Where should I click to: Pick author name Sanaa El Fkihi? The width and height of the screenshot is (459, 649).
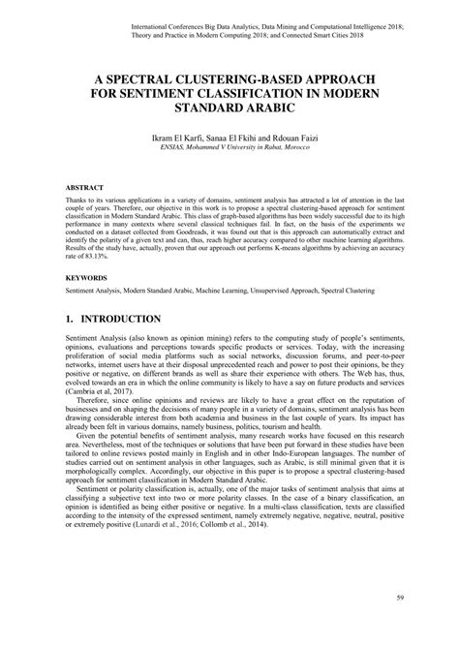[241, 139]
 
